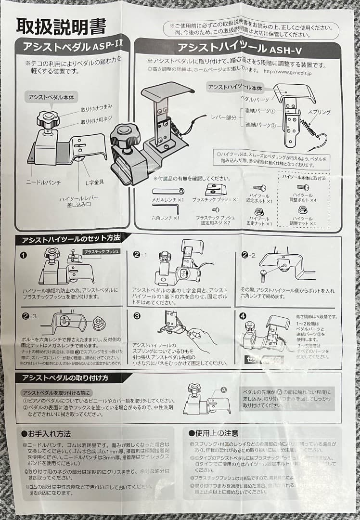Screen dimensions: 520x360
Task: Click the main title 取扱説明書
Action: pyautogui.click(x=61, y=26)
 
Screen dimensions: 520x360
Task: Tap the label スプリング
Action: pyautogui.click(x=319, y=112)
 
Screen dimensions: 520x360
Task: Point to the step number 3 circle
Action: pyautogui.click(x=137, y=316)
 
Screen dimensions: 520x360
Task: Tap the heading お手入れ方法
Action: pyautogui.click(x=47, y=433)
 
